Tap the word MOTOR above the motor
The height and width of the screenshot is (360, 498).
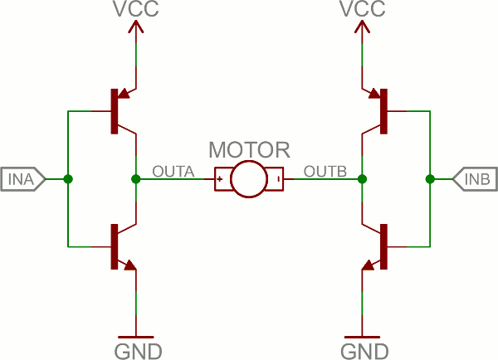click(x=250, y=150)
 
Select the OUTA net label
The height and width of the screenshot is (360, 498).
click(x=173, y=172)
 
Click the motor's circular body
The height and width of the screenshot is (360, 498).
click(x=249, y=179)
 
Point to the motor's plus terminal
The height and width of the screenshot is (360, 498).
click(x=221, y=179)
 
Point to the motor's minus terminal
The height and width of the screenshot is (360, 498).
click(x=278, y=179)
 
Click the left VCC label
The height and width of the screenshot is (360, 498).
click(x=135, y=10)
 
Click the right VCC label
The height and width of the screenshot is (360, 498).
click(x=362, y=10)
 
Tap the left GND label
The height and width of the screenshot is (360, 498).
click(x=137, y=349)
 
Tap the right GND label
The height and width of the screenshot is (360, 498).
click(x=364, y=349)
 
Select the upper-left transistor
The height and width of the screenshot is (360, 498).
click(x=120, y=111)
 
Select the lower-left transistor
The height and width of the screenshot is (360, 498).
click(x=120, y=246)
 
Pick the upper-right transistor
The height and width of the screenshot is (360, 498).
click(x=377, y=111)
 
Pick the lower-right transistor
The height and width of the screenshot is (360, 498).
click(x=377, y=246)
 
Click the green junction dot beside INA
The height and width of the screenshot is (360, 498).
click(x=68, y=179)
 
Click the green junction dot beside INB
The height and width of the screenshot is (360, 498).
click(x=429, y=179)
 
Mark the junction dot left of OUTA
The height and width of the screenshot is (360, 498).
click(x=136, y=179)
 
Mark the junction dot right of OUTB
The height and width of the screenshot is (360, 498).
click(x=362, y=179)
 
